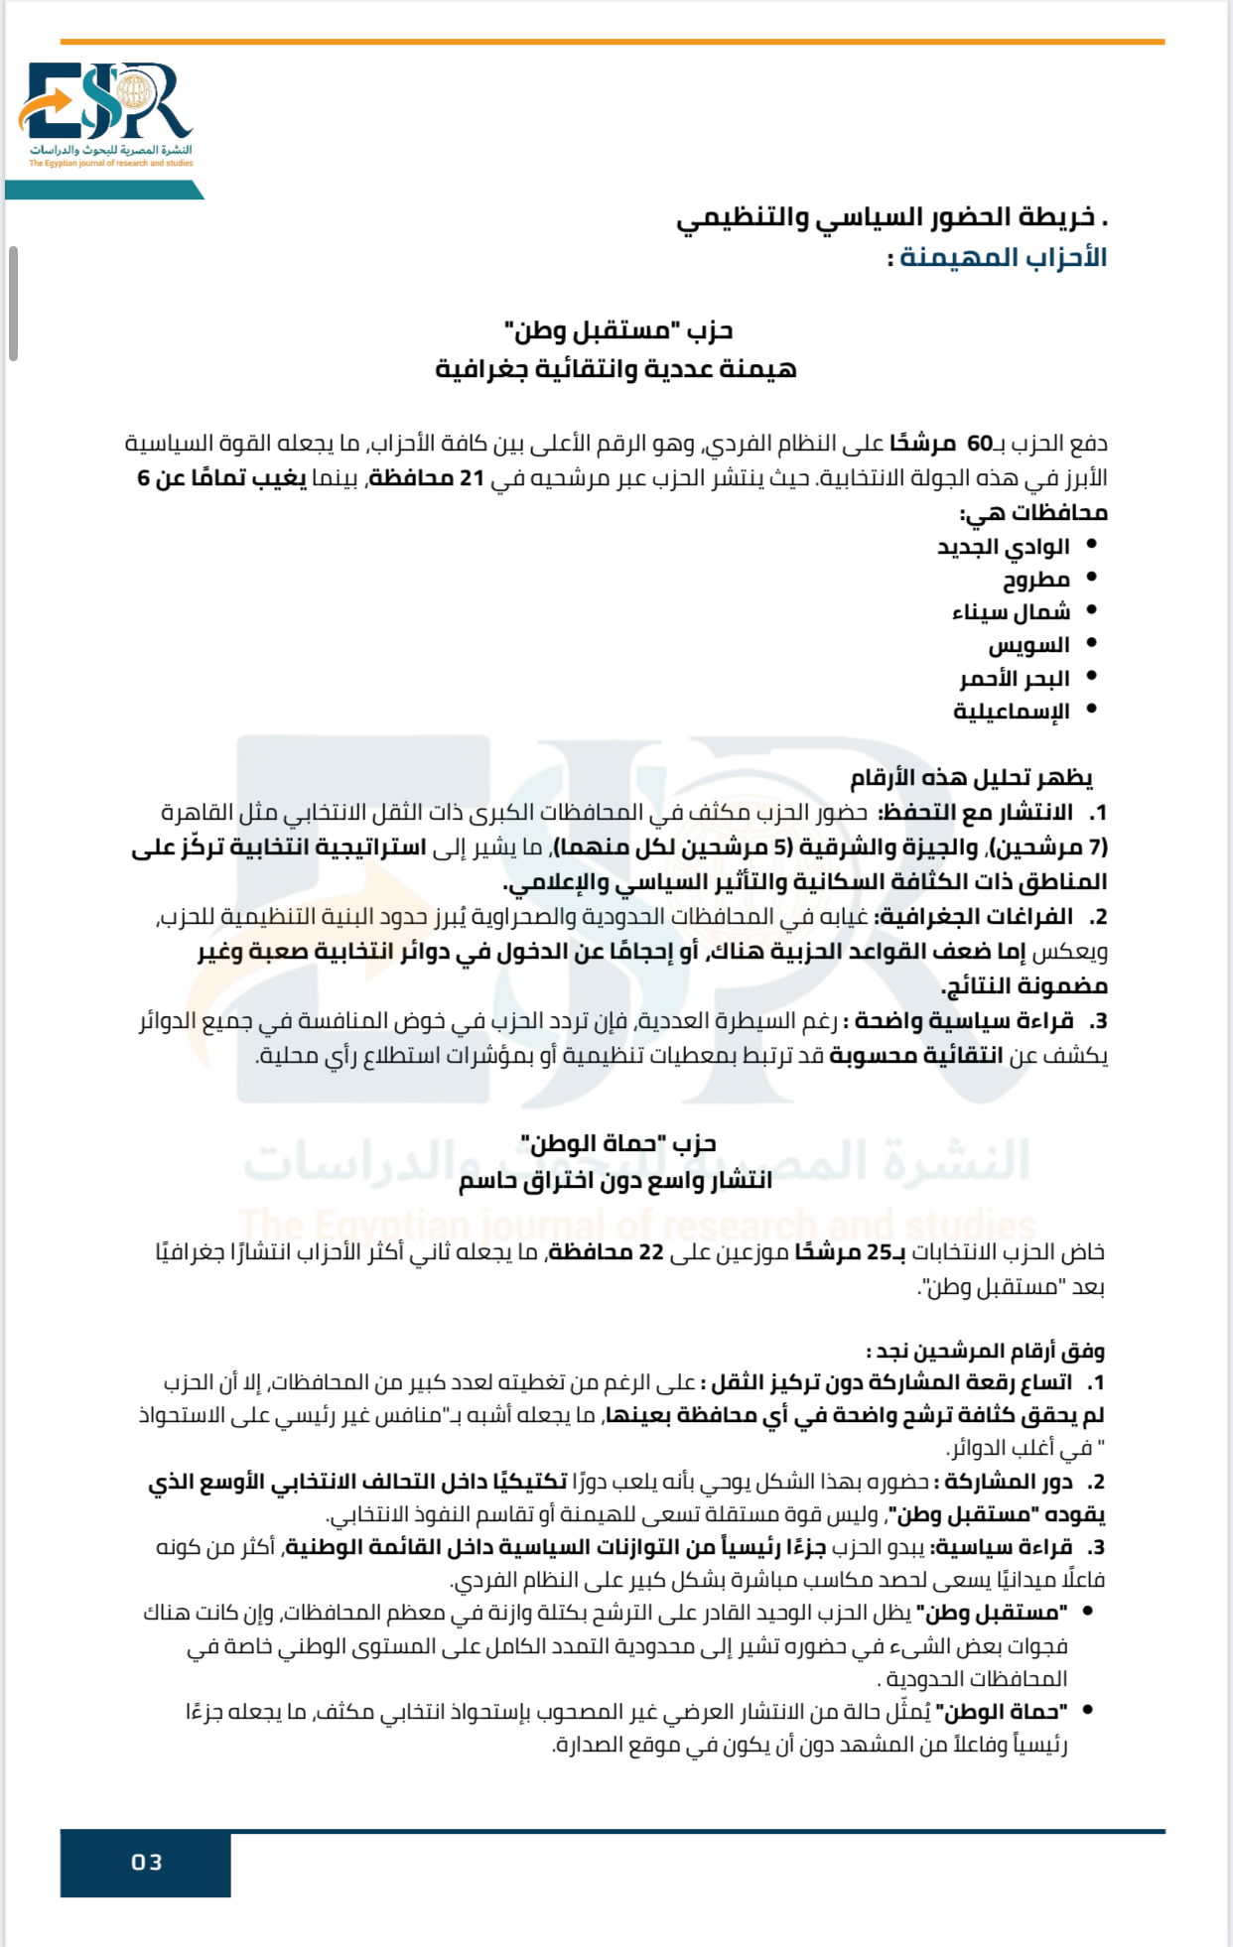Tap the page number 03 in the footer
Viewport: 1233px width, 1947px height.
click(x=146, y=1863)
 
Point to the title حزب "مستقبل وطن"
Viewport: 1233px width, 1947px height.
click(x=617, y=330)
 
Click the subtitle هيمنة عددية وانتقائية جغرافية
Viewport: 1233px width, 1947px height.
click(x=616, y=369)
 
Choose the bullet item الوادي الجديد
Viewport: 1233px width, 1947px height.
click(x=1003, y=547)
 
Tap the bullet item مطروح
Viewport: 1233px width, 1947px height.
click(x=1035, y=580)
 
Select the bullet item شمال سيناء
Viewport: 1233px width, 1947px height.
click(x=1011, y=612)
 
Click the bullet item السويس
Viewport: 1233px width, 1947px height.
click(x=1028, y=645)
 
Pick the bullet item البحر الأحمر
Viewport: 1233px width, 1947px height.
click(x=1014, y=679)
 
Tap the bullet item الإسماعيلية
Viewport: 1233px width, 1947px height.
click(x=1011, y=712)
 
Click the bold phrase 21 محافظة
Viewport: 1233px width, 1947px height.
click(x=427, y=478)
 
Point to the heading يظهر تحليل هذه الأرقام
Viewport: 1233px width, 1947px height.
click(x=970, y=778)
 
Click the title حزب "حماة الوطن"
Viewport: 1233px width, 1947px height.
click(x=617, y=1144)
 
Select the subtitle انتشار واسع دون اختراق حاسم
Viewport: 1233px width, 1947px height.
click(x=616, y=1181)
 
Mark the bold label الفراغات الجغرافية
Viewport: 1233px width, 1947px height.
click(x=974, y=917)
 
